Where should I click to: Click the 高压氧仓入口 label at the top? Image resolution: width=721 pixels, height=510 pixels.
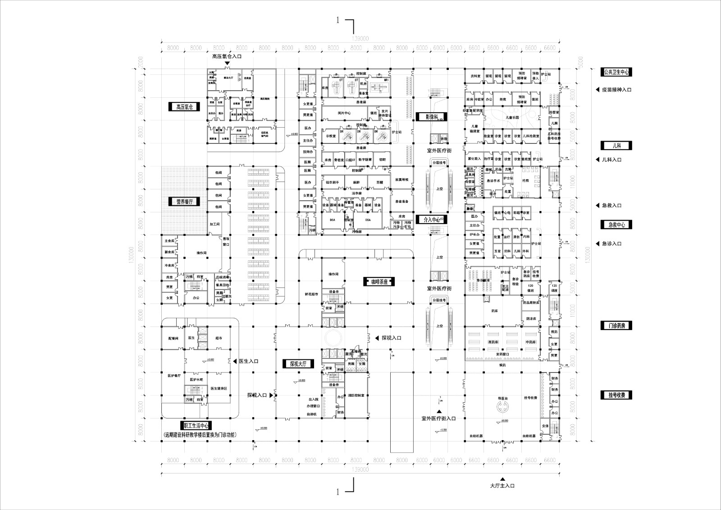[x=227, y=56]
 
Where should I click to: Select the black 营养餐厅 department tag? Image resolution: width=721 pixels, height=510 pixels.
[x=185, y=202]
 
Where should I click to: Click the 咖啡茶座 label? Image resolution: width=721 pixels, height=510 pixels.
[x=379, y=282]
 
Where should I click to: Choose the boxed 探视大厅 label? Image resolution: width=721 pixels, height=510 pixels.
[x=298, y=364]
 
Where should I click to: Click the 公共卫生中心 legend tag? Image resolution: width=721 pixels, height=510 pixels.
[x=617, y=72]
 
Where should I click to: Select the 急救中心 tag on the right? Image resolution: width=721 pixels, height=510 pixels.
[x=617, y=225]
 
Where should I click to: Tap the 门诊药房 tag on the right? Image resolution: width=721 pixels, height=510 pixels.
[x=617, y=326]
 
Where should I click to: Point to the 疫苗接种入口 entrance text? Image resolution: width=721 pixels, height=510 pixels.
[x=616, y=90]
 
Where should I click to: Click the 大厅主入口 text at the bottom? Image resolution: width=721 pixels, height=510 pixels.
[x=502, y=486]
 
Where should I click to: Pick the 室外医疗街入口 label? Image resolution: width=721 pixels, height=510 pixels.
[x=438, y=418]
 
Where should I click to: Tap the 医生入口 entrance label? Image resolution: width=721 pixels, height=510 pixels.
[x=248, y=361]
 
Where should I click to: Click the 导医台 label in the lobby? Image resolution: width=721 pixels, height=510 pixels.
[x=502, y=399]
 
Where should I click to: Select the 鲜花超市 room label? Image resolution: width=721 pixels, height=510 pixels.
[x=311, y=294]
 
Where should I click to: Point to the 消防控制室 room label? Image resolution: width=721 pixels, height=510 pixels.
[x=356, y=395]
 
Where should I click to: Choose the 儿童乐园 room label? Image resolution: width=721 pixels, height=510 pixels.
[x=512, y=117]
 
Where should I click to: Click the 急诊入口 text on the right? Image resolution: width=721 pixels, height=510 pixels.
[x=611, y=244]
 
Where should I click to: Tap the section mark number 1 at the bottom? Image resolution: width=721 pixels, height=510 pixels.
[x=337, y=492]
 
